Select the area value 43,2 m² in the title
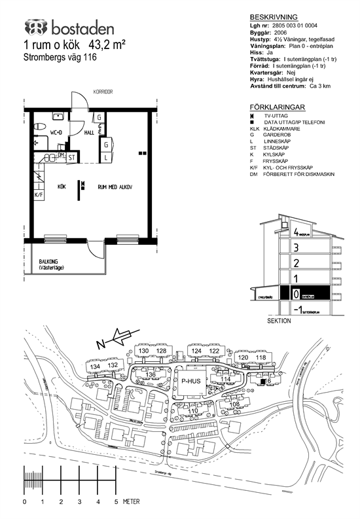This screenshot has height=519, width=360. (107, 45)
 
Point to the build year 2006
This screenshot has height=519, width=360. (280, 31)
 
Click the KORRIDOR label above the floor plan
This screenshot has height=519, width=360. (103, 92)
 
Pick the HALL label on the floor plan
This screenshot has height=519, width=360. (89, 132)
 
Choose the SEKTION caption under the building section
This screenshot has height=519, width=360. (279, 322)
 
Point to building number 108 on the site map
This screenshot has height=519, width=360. (234, 404)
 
